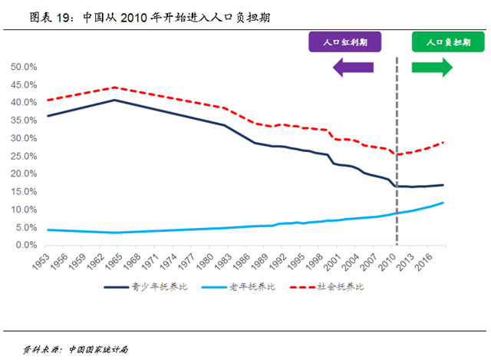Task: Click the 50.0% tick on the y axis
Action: pos(24,67)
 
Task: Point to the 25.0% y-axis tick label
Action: pos(24,156)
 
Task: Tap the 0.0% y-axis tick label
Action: pos(26,245)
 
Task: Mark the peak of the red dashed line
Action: pos(114,88)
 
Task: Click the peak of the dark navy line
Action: pos(114,100)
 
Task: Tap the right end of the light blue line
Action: pos(443,203)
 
